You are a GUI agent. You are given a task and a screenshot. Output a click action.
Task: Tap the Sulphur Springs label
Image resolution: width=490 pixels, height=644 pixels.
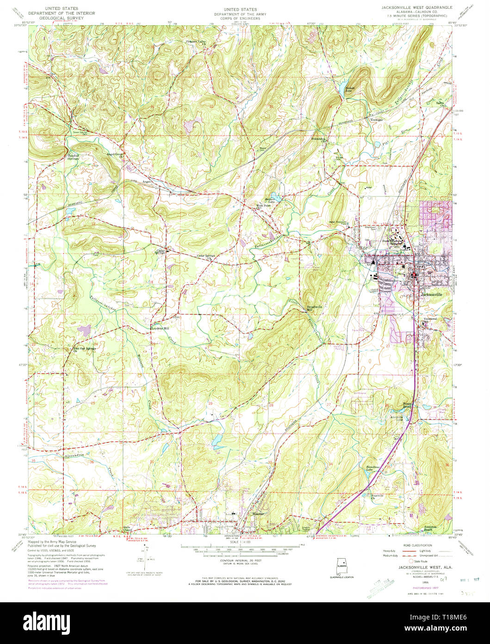[74, 157]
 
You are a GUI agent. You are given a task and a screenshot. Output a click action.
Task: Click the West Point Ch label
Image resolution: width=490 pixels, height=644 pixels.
[262, 207]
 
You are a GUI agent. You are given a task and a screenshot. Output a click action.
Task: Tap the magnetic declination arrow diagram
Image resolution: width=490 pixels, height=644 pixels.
[146, 556]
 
